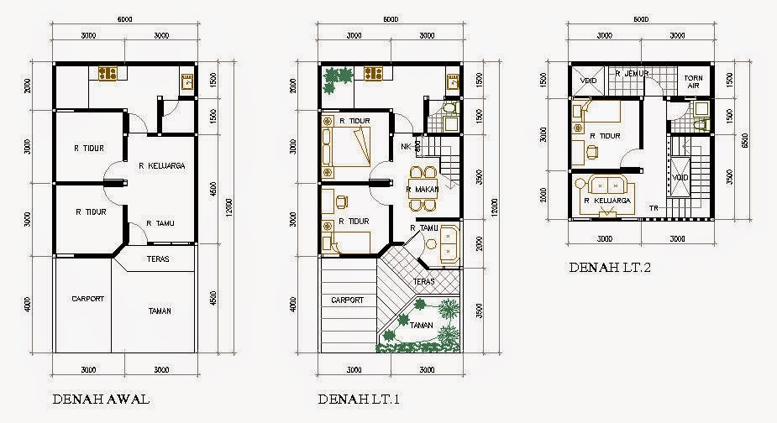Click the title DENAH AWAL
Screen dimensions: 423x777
click(101, 398)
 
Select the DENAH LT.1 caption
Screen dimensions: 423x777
click(356, 398)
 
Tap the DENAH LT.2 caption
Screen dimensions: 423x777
click(609, 269)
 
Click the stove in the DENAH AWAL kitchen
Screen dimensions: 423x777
click(108, 74)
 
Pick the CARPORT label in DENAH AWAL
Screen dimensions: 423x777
click(87, 298)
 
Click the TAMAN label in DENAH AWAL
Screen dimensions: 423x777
click(160, 311)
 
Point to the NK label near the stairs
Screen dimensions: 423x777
click(406, 146)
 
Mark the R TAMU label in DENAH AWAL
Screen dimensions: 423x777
click(160, 223)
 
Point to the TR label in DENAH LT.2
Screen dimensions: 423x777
click(652, 207)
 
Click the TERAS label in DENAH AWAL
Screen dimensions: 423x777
click(158, 258)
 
